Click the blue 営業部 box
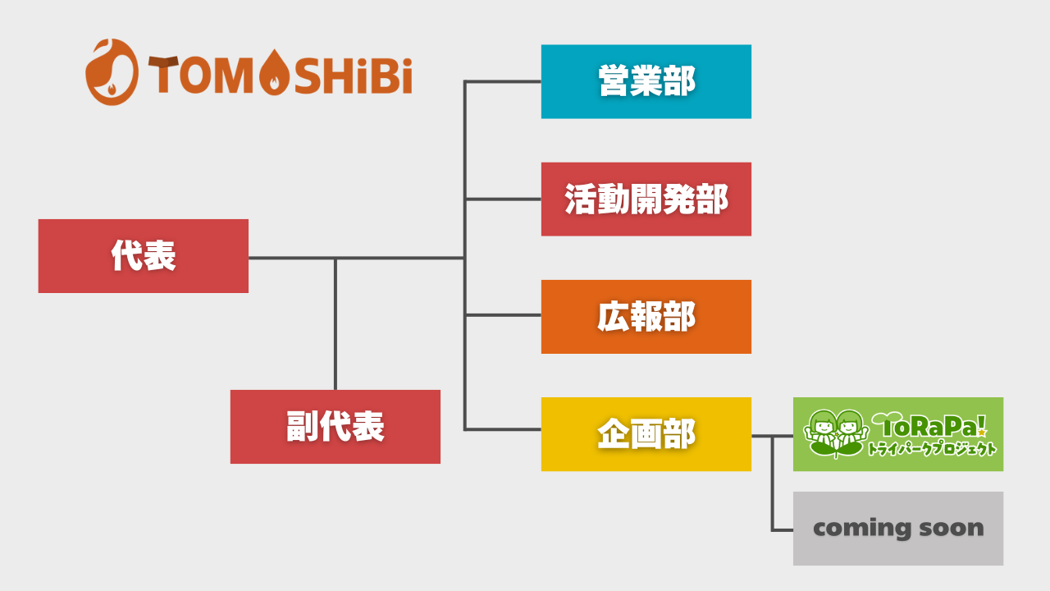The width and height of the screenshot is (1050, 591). [x=646, y=81]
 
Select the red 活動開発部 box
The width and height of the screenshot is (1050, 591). [x=646, y=199]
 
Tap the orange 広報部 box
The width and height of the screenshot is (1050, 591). [x=646, y=317]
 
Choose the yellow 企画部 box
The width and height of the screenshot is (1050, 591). [x=646, y=434]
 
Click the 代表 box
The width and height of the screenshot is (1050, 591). [x=144, y=256]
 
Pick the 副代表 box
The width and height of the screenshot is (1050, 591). [x=336, y=427]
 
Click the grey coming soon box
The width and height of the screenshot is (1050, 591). [x=898, y=529]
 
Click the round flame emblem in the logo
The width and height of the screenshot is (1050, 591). [x=112, y=71]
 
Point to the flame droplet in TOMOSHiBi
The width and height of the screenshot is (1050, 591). [x=274, y=72]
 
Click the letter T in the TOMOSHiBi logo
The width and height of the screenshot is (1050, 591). [x=163, y=75]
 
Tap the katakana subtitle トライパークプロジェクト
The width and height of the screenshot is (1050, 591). [x=932, y=449]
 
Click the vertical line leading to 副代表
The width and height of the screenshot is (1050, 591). [x=336, y=324]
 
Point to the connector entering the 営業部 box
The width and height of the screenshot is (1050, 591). [x=503, y=81]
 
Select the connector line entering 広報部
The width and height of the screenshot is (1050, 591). [x=503, y=315]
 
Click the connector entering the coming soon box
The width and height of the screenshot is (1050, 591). [x=783, y=530]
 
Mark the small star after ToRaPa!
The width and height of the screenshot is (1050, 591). [x=982, y=433]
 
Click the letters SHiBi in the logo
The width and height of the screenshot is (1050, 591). [x=354, y=75]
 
